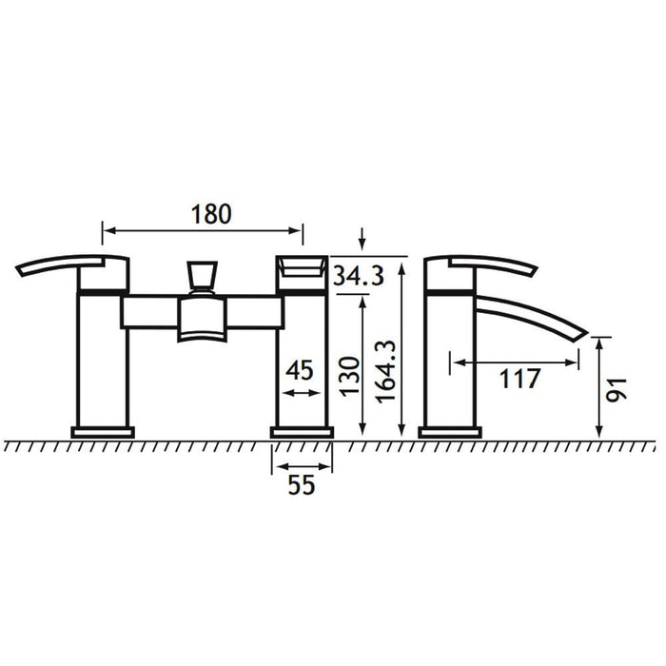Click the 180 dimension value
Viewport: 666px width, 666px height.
(211, 214)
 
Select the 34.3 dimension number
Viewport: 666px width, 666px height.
(359, 275)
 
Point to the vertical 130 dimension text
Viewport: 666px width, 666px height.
(349, 377)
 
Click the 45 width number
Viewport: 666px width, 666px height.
(300, 370)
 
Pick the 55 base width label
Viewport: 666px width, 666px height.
(302, 484)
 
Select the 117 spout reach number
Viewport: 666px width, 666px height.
(519, 379)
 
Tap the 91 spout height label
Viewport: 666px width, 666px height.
(617, 389)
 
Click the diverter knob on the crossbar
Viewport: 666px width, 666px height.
(202, 276)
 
